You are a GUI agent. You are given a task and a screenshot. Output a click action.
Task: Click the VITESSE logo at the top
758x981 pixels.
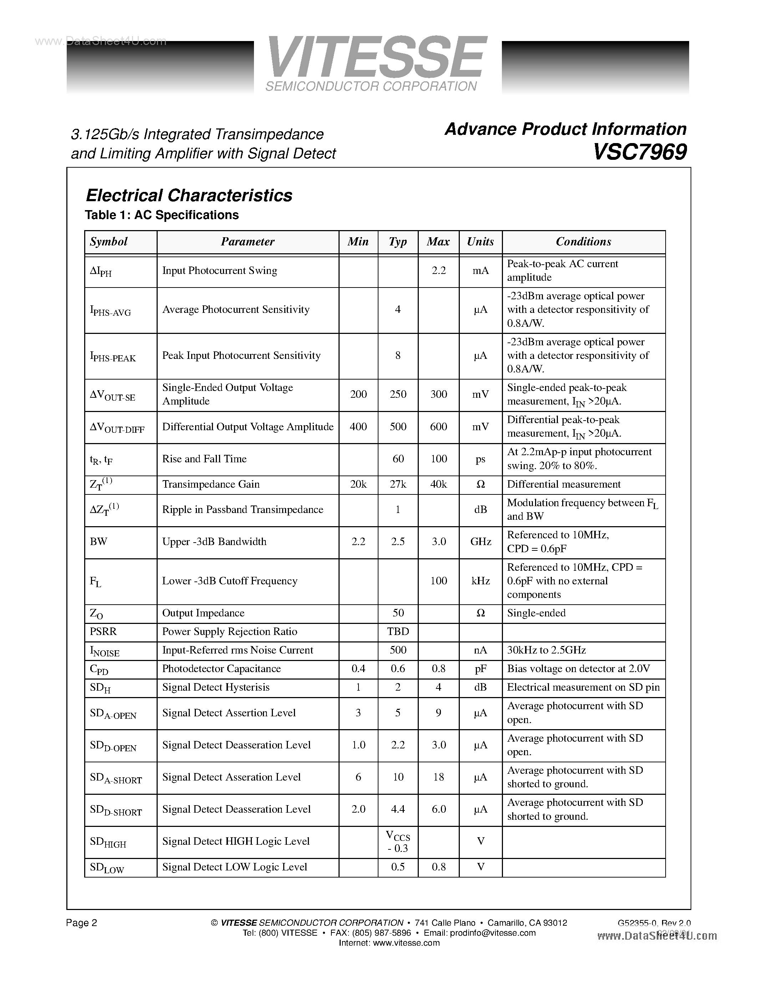pos(376,59)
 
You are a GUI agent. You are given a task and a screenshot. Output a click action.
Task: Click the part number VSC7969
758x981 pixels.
pos(640,152)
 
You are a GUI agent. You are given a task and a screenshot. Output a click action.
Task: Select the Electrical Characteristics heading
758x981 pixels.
pos(189,195)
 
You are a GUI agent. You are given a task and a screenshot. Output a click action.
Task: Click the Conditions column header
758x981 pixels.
pos(583,242)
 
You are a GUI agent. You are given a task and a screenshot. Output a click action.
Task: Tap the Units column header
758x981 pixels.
pos(480,242)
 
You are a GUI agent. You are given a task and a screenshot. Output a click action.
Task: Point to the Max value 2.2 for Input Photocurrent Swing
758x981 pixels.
pos(438,270)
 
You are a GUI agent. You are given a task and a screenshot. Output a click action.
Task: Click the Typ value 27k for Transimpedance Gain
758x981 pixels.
pos(397,484)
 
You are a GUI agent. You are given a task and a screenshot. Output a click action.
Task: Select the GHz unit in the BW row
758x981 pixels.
pos(480,542)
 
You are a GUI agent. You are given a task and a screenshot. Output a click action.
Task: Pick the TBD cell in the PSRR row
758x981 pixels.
pos(398,631)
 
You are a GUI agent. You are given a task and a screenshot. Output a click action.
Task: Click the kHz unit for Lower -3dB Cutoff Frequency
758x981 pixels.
pos(480,581)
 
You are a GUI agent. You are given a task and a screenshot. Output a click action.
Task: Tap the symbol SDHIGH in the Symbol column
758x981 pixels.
pos(108,842)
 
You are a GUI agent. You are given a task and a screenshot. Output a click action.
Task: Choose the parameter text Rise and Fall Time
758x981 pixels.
pos(204,459)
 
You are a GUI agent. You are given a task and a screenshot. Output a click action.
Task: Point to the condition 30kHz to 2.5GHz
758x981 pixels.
pos(546,650)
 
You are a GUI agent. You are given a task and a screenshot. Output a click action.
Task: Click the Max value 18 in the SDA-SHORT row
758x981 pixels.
pos(438,777)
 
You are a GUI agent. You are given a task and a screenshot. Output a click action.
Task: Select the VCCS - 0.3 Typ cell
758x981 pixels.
pos(398,842)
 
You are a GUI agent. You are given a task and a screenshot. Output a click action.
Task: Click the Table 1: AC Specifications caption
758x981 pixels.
pos(162,215)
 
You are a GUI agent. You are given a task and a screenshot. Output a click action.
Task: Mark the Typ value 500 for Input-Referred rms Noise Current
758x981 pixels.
pos(398,650)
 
